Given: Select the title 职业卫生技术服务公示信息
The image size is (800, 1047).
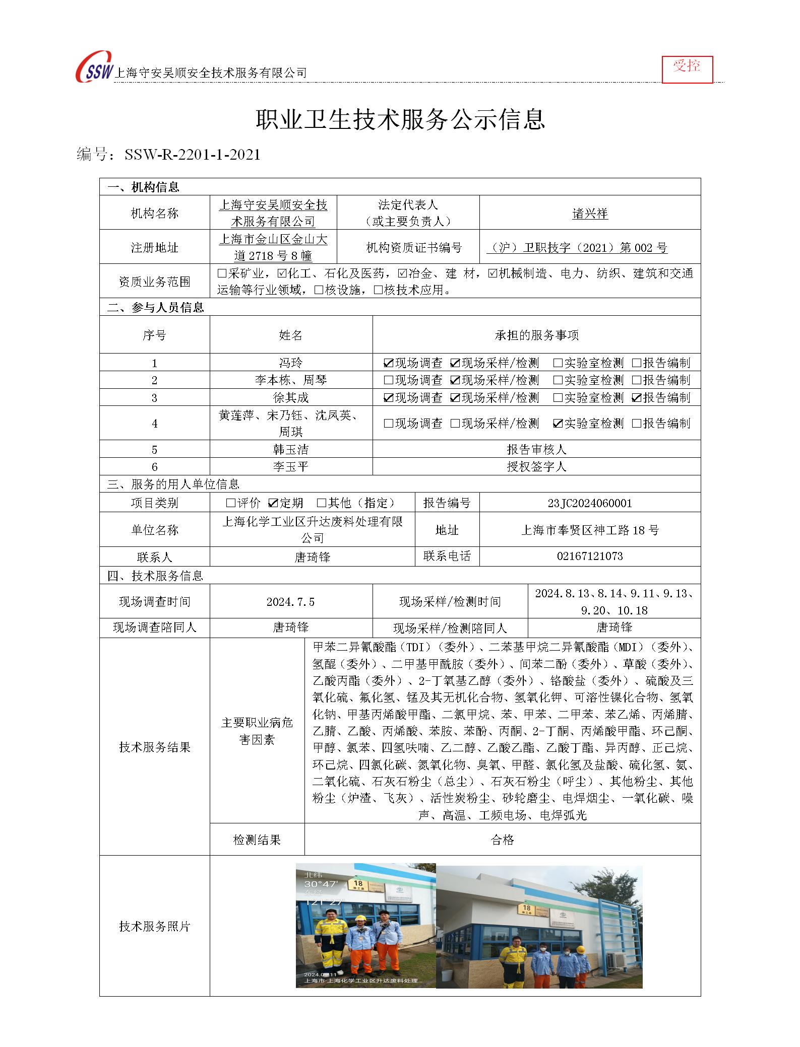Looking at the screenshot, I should [400, 120].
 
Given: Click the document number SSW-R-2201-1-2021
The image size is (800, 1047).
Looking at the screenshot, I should [192, 155].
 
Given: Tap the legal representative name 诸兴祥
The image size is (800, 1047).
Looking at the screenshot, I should [590, 214].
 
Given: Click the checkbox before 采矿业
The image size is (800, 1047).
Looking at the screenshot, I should [222, 273].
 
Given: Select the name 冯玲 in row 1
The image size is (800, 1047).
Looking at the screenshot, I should [290, 363].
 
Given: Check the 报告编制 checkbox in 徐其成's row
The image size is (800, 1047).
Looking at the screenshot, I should [636, 398].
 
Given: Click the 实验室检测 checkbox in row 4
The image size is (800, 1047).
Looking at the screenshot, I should [558, 424].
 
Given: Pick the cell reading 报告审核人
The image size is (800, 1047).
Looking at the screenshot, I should [536, 449].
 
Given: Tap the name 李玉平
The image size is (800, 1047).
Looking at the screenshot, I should [290, 467].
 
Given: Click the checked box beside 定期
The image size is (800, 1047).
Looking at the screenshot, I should [274, 503].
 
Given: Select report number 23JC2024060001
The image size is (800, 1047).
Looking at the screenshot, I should [590, 503].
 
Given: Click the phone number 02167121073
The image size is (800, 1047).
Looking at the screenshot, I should [590, 556].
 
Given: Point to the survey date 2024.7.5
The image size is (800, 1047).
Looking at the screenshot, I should [290, 601].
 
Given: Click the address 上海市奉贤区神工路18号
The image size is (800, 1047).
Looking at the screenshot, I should [590, 530].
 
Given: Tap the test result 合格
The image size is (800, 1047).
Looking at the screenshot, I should [502, 840].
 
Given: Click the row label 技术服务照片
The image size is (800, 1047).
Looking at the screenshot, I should [154, 926].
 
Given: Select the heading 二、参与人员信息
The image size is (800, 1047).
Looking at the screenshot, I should [155, 307].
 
